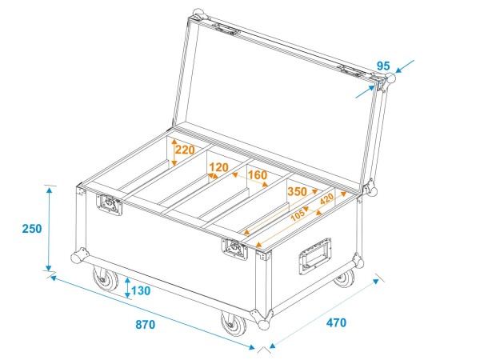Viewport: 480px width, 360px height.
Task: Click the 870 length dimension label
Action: [x=146, y=326]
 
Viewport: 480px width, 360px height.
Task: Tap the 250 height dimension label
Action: [x=31, y=229]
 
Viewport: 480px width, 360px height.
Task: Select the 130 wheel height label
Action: [x=140, y=291]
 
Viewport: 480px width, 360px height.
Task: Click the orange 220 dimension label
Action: [x=186, y=149]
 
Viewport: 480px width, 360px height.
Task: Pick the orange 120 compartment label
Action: [x=218, y=168]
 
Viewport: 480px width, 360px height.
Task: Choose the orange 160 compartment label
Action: [x=257, y=174]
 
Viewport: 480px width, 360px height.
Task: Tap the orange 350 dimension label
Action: [x=297, y=192]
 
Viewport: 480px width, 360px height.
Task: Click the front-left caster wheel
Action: [x=105, y=280]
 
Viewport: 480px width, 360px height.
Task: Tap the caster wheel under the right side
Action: [x=344, y=277]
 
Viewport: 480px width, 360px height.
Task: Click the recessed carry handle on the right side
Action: [x=314, y=256]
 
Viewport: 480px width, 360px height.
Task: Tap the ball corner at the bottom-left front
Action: [x=78, y=258]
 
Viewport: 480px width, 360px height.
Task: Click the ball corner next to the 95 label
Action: [x=391, y=81]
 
